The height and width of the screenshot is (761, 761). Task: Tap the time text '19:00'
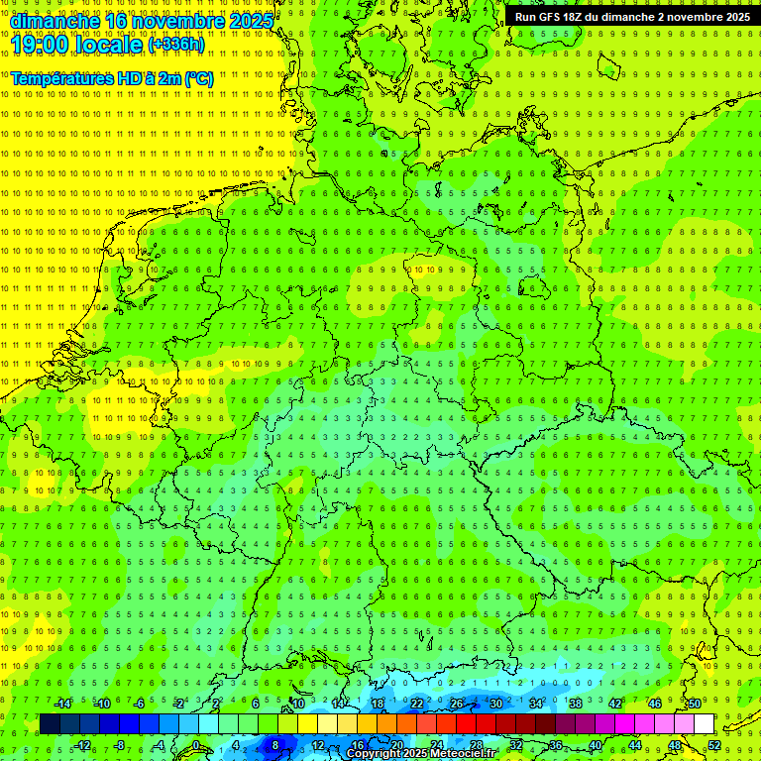(41, 45)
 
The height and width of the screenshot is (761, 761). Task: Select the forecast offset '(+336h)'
(175, 45)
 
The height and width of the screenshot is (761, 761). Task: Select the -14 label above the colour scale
(62, 704)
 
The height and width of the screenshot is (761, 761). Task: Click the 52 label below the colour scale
(714, 744)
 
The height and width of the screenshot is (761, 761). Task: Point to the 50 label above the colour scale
(695, 704)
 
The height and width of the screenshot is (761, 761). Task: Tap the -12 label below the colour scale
(82, 744)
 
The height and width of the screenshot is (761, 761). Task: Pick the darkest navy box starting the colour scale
(50, 724)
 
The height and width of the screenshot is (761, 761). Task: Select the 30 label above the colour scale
(496, 704)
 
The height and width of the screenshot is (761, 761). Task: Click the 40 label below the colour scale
(596, 744)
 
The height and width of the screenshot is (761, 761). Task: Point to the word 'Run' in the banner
(525, 17)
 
